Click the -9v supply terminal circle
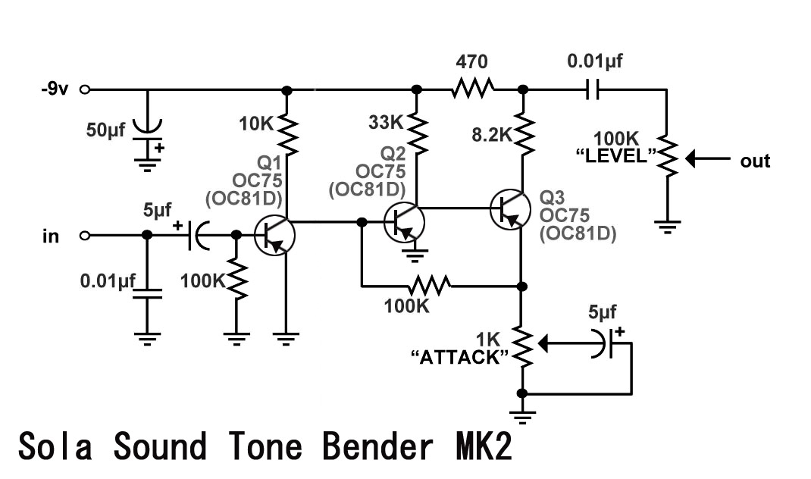pos(84,89)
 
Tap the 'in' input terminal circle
pos(84,236)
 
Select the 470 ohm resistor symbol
pos(472,89)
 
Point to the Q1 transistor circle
pos(274,235)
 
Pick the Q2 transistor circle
pos(404,222)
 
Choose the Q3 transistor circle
pos(510,209)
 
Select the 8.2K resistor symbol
pos(523,132)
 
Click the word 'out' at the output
pos(755,161)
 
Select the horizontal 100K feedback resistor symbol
pos(430,286)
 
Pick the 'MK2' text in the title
pos(483,447)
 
